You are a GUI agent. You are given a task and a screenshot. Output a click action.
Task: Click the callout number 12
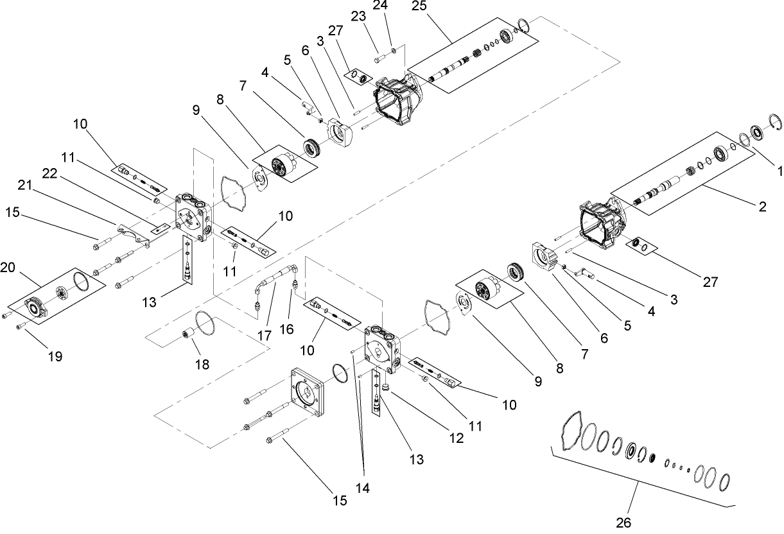coord(456,438)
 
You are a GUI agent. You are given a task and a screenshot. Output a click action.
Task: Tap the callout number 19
coord(56,356)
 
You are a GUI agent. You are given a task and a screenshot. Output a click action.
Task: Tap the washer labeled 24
coord(393,50)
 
